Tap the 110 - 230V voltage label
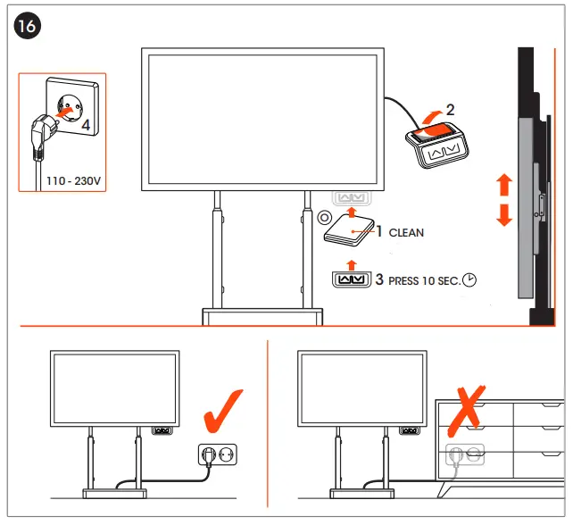tap(75, 181)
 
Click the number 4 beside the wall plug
tap(86, 125)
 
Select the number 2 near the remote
tap(450, 110)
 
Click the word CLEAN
tap(406, 232)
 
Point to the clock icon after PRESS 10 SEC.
tap(469, 280)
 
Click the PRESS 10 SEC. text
tap(424, 280)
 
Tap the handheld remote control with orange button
tap(436, 143)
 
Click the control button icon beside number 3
tap(350, 280)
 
